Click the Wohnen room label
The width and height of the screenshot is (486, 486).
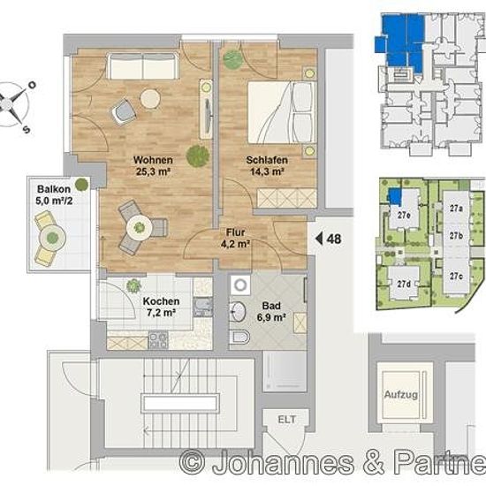(x=153, y=160)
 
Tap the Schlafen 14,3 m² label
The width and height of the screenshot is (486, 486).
(x=267, y=165)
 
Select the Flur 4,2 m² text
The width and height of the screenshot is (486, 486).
(x=235, y=238)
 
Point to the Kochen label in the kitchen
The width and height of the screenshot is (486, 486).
(x=161, y=301)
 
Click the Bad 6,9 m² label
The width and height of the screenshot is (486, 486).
(x=271, y=311)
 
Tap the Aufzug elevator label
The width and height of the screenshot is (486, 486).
(x=401, y=395)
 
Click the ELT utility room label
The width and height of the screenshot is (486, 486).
(x=287, y=420)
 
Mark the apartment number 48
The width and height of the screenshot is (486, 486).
(x=334, y=239)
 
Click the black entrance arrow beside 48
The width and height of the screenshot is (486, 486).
(x=319, y=239)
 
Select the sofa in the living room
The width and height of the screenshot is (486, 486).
(x=142, y=66)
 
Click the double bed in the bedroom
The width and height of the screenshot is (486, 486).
(x=281, y=112)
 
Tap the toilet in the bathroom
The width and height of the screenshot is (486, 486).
(x=239, y=338)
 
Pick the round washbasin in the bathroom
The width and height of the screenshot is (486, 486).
(x=238, y=312)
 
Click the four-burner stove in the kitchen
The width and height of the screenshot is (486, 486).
(x=158, y=340)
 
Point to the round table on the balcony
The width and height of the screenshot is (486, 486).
(x=52, y=238)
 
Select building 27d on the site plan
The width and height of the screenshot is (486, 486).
(x=405, y=284)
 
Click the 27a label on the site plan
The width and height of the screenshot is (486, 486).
(x=456, y=209)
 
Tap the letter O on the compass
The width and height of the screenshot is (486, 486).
(x=32, y=85)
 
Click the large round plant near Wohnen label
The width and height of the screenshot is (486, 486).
(x=198, y=156)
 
